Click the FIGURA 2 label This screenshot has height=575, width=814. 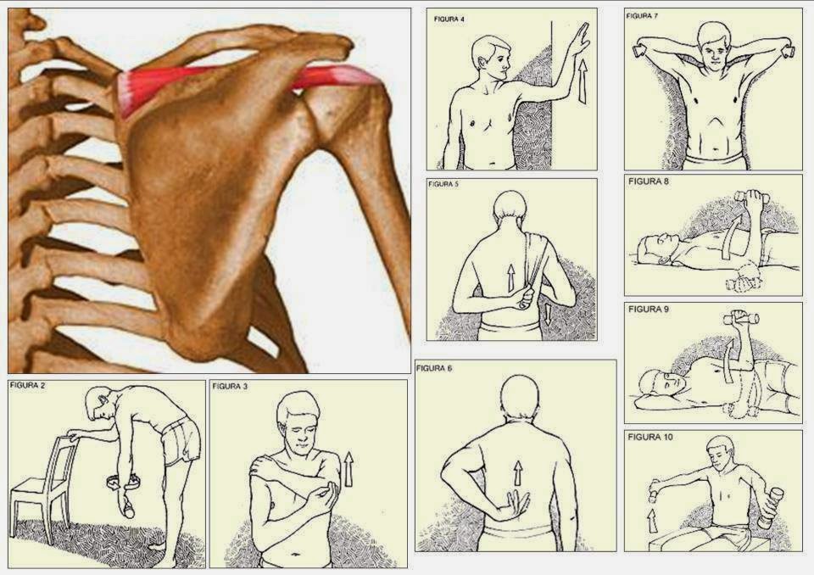point(25,385)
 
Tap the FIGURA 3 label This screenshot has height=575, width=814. point(226,387)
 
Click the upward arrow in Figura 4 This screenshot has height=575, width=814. point(583,81)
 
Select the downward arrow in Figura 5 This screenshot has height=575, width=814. point(549,315)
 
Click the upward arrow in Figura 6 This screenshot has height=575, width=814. point(517,472)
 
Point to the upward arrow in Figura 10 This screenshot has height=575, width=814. point(652,520)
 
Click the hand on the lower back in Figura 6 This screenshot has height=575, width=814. point(515,505)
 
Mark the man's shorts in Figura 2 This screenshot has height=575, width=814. point(181,440)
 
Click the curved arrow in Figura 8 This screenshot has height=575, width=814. point(729,237)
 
